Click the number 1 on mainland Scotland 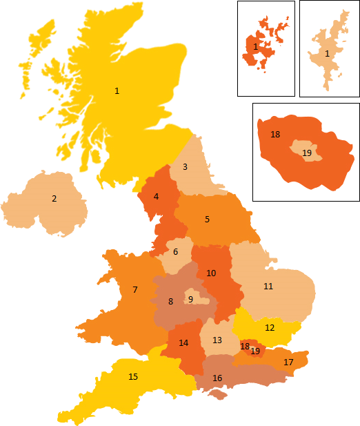click(117, 90)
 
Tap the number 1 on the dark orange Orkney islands click(256, 46)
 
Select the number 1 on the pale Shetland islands click(327, 53)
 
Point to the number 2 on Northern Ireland click(54, 199)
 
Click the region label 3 click(185, 166)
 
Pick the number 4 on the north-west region click(156, 196)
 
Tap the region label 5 click(207, 220)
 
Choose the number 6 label click(175, 251)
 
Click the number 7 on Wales click(135, 290)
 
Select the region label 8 click(170, 301)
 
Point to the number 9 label click(190, 299)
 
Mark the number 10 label click(211, 273)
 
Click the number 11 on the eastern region click(268, 286)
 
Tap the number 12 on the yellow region click(270, 327)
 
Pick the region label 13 click(217, 340)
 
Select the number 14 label click(183, 342)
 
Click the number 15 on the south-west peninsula click(133, 377)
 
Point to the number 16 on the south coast click(217, 378)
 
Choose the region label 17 click(288, 362)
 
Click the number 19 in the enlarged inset click(307, 153)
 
